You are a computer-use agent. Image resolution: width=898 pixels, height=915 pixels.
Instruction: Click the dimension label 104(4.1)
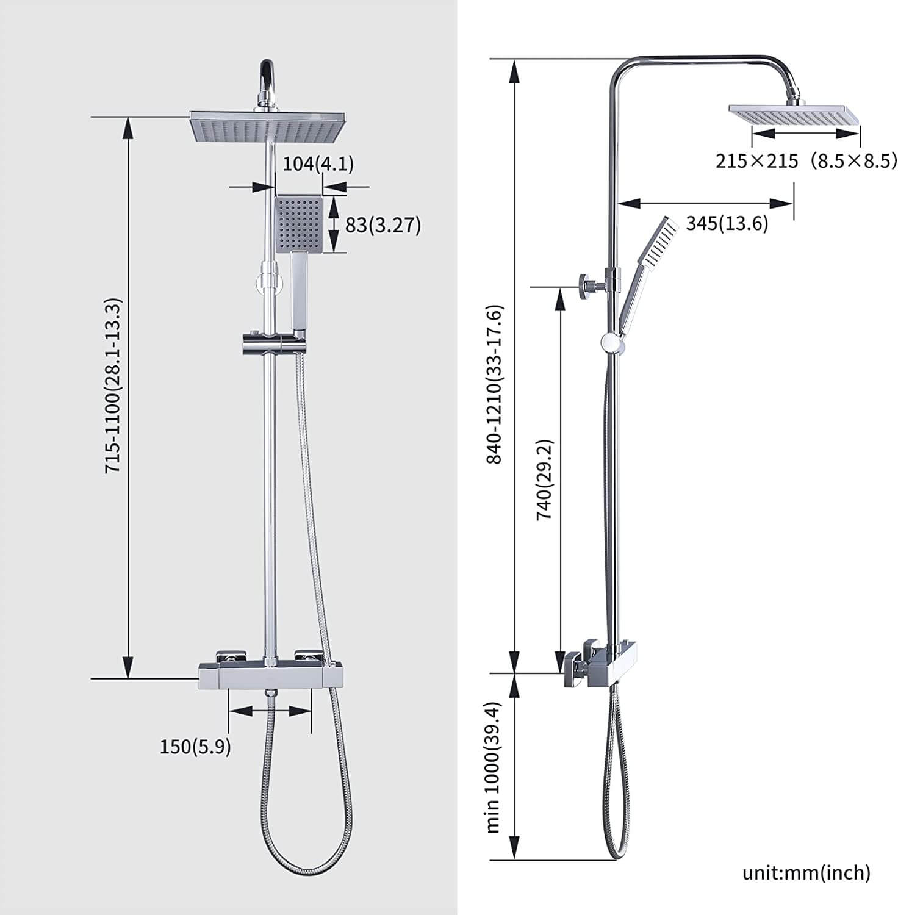coord(318,164)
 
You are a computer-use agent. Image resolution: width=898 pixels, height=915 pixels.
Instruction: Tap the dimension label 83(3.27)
coord(383,225)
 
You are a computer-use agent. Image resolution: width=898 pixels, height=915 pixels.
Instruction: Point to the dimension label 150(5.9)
coord(195,746)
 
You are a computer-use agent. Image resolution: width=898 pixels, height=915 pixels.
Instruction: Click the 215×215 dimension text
coord(756,161)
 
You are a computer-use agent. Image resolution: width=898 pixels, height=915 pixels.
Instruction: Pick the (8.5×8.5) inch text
coord(853,161)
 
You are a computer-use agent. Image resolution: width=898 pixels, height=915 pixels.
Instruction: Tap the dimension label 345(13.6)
coord(727,224)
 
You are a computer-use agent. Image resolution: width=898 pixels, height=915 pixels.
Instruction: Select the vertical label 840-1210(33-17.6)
coord(494,384)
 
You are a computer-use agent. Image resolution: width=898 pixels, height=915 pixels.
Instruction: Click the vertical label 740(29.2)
coord(544,479)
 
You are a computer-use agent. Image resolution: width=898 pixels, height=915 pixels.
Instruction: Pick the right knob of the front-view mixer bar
coord(308,656)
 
